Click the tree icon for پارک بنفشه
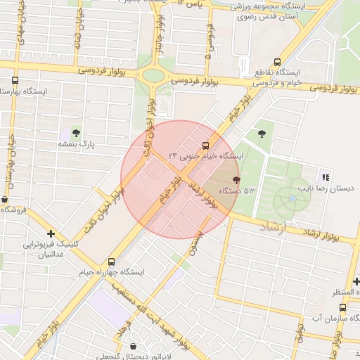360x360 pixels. (x=76, y=132)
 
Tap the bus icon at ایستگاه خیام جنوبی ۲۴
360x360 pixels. (x=205, y=146)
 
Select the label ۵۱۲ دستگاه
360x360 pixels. (x=234, y=191)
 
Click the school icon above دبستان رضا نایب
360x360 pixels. (x=325, y=176)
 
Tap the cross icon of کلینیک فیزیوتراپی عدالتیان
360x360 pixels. (x=51, y=233)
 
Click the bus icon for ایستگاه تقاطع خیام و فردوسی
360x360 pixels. (x=277, y=63)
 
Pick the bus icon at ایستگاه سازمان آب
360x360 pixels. (x=342, y=307)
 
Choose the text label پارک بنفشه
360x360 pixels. (x=77, y=144)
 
